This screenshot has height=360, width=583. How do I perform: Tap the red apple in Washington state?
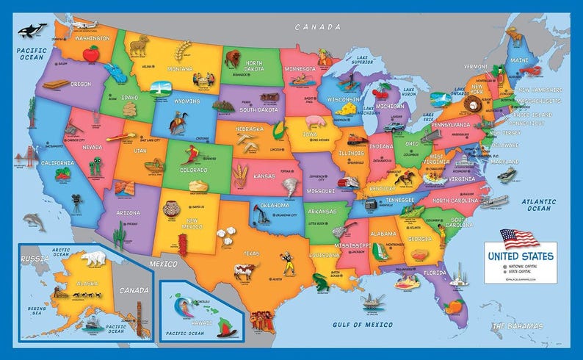click(91, 53)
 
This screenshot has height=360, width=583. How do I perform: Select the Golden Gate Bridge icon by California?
click(29, 156)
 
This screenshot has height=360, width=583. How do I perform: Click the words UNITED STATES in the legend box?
click(518, 256)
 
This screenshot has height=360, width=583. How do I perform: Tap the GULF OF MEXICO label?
click(359, 324)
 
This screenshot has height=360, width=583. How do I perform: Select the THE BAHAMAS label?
click(518, 325)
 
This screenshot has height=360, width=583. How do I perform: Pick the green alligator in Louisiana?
click(321, 281)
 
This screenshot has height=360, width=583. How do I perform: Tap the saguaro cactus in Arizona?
click(120, 235)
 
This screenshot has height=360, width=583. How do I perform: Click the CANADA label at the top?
click(318, 26)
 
